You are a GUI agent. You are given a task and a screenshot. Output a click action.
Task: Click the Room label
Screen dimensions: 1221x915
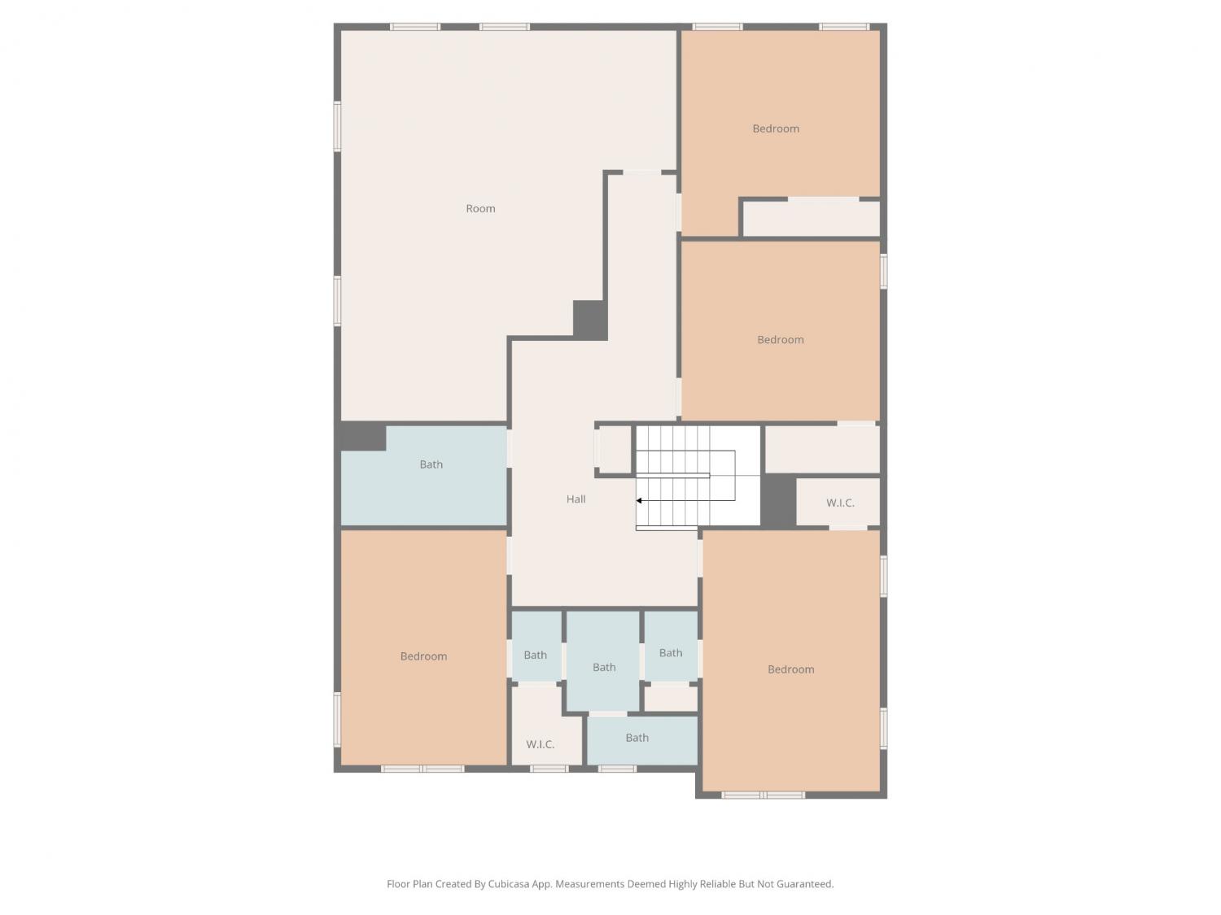(480, 208)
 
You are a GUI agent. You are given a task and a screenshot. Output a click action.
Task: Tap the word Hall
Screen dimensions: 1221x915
(575, 499)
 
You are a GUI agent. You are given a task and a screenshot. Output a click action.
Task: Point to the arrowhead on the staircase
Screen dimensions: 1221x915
(639, 500)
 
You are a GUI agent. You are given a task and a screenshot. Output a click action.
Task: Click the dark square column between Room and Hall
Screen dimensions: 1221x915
(589, 320)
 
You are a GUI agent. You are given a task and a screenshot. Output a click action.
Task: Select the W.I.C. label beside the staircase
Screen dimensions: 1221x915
(840, 503)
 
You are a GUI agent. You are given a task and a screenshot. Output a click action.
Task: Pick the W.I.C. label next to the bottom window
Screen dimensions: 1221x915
(540, 744)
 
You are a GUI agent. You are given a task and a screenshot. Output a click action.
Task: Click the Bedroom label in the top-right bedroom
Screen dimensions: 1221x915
(776, 129)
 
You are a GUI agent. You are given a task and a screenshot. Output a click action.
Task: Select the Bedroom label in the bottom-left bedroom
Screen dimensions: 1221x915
(423, 656)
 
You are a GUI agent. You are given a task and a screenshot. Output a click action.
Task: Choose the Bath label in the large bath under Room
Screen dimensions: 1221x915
(431, 464)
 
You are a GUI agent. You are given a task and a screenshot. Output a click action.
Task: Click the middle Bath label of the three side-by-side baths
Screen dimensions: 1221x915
(603, 667)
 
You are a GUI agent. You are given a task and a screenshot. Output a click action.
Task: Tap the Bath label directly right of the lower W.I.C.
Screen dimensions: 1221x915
(637, 737)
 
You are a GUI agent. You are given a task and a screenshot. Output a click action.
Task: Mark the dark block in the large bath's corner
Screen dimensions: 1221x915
(363, 437)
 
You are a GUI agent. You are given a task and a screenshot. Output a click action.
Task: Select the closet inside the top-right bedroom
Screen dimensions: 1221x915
(811, 218)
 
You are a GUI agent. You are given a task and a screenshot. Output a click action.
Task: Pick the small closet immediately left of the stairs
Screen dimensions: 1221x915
(615, 450)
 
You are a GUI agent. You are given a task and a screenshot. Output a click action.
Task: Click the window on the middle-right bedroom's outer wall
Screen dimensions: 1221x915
(883, 271)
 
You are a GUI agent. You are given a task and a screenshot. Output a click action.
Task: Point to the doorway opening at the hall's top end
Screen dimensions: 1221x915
(641, 172)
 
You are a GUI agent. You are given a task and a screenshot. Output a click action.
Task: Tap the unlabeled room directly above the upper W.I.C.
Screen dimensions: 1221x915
(822, 450)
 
